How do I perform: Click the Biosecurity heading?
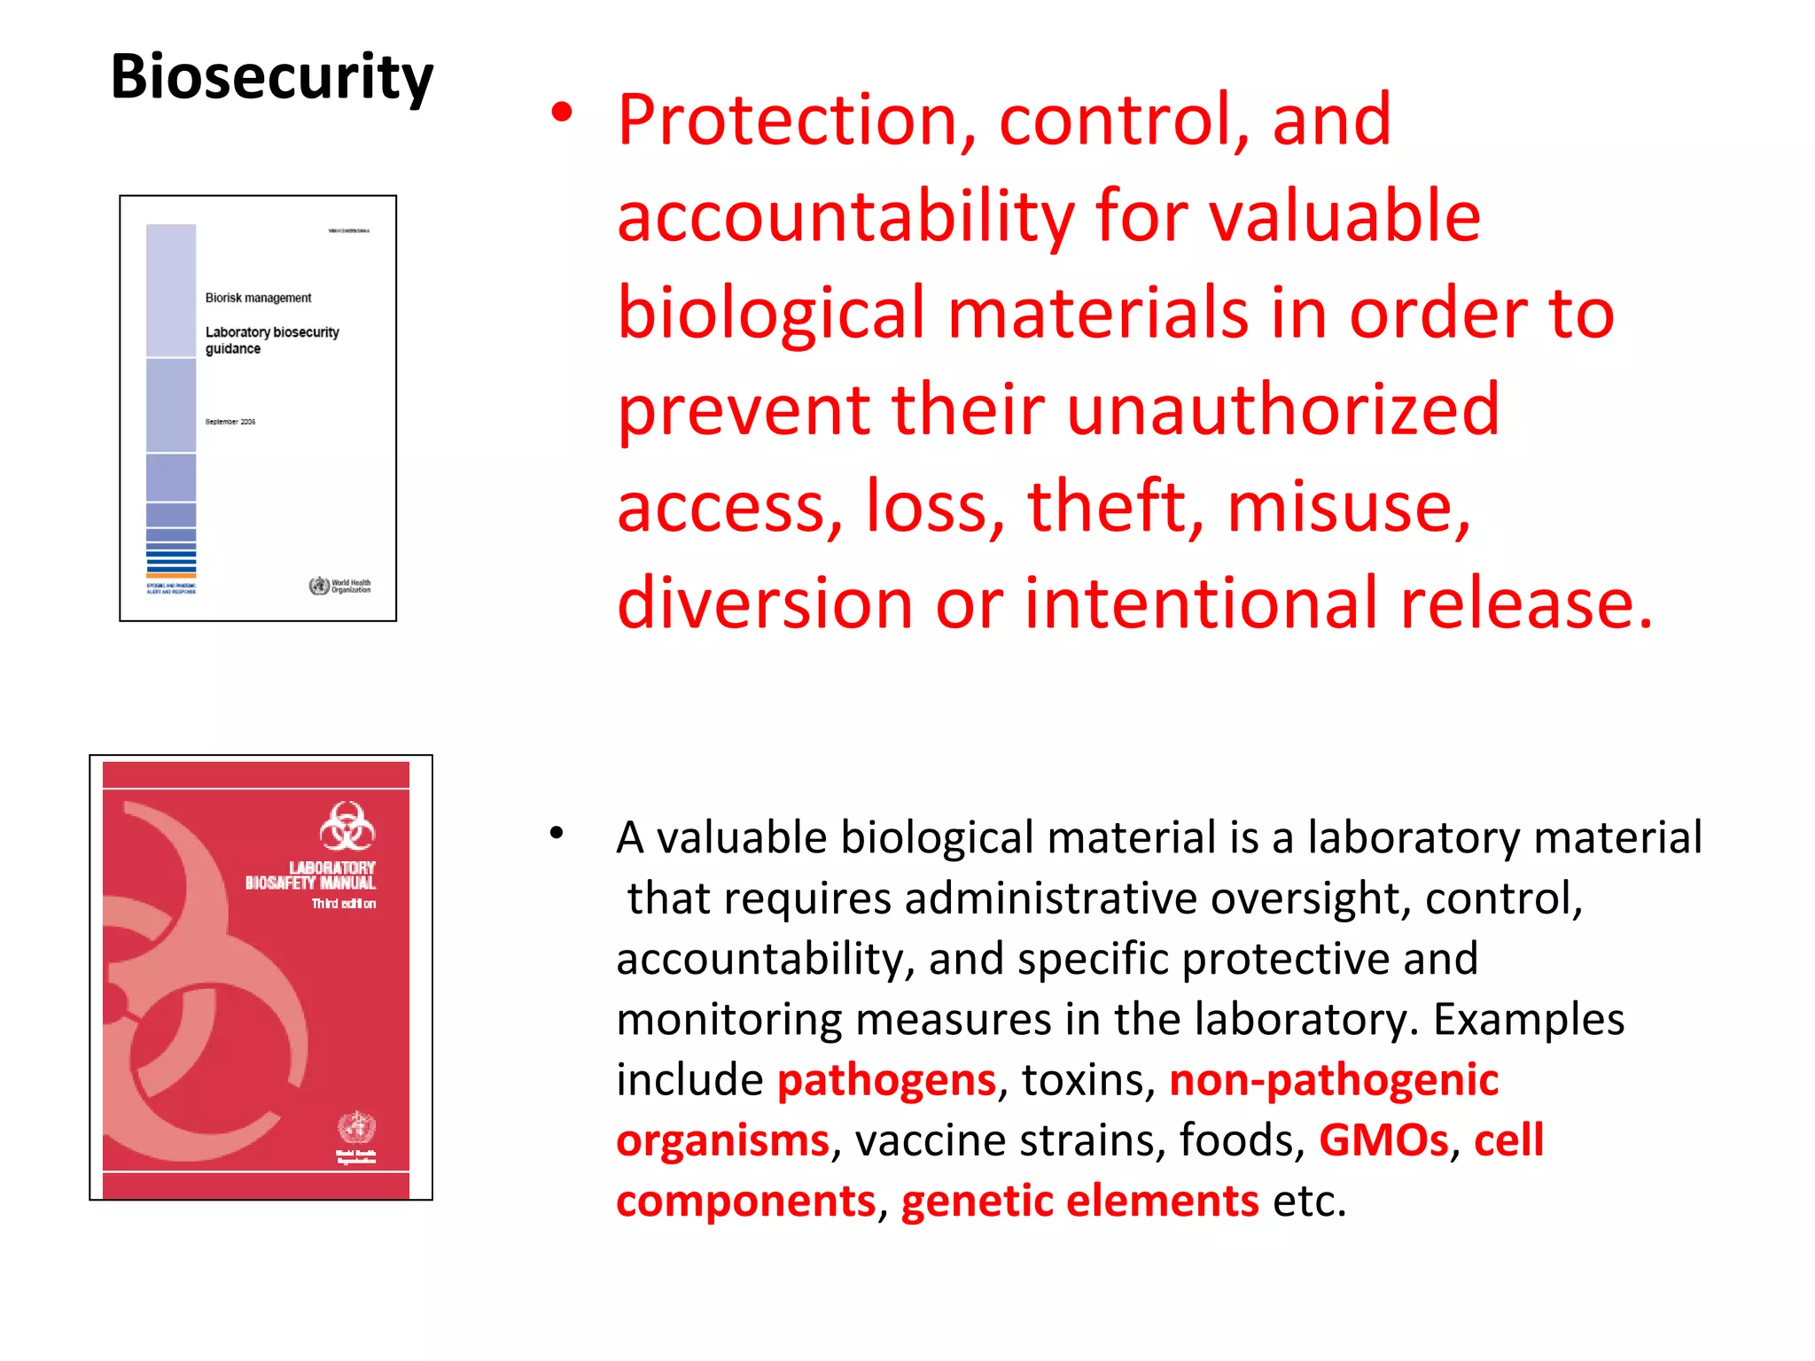coord(272,78)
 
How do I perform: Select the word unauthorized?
coord(1282,410)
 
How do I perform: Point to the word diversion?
coord(765,603)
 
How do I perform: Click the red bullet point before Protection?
coord(561,113)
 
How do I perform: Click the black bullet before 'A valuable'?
coord(557,832)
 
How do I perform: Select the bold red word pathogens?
coord(886,1081)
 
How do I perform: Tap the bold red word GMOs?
coord(1383,1141)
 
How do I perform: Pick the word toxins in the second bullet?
coord(1087,1081)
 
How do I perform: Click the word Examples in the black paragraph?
coord(1529,1020)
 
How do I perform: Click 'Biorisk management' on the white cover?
coord(258,299)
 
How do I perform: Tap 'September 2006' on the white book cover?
coord(230,422)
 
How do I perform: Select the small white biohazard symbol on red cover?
coord(347,827)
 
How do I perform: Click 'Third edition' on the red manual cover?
coord(343,904)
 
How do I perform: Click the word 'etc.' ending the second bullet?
coord(1309,1202)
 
